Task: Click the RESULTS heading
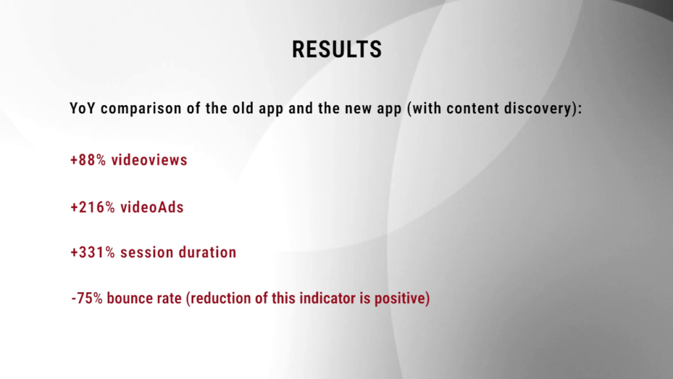coord(337,49)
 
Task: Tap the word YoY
coord(83,109)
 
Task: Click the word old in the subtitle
coord(243,109)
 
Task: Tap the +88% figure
coord(88,161)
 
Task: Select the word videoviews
coord(149,161)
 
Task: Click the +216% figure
coord(93,207)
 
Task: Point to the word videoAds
coord(152,207)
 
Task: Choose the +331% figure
coord(93,253)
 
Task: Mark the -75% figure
coord(87,298)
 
